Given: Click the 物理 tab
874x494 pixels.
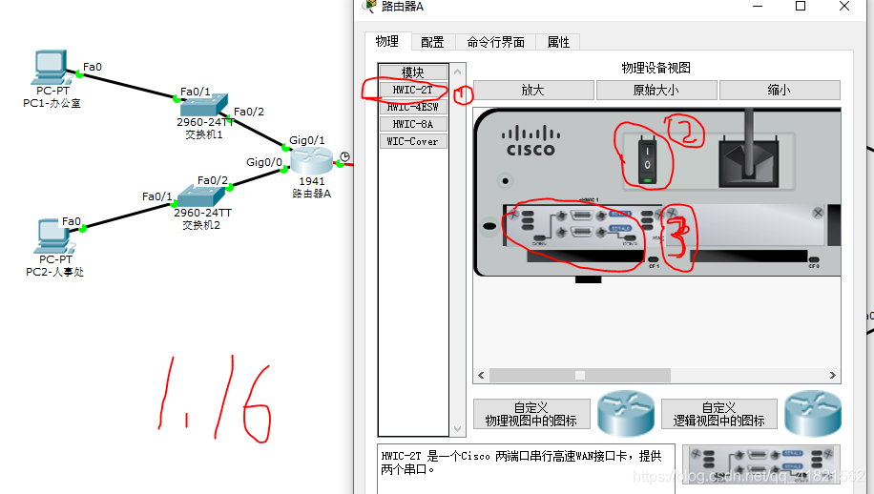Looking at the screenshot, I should [386, 42].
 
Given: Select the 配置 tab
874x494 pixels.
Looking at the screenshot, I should [432, 42].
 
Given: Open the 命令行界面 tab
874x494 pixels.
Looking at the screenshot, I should [495, 42].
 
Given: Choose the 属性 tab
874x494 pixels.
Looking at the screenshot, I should [558, 42].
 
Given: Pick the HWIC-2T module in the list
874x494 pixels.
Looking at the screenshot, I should [412, 90].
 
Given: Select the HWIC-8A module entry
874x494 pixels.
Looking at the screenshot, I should [412, 124].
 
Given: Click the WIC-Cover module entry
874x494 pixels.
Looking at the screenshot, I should [412, 141].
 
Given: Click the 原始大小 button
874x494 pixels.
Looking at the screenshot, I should [656, 90].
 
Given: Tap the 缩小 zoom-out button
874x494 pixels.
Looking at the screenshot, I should [779, 90].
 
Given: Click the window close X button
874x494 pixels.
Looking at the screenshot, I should [844, 7].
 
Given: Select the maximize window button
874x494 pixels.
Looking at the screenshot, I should [800, 7].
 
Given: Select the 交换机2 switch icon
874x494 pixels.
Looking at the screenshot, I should [200, 196].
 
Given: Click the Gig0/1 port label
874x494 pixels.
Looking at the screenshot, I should [306, 140].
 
